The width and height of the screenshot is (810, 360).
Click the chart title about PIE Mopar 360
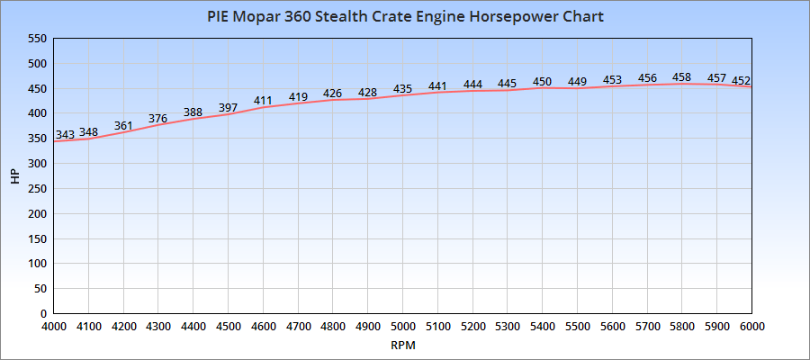tap(405, 16)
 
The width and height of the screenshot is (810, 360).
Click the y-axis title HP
tap(14, 176)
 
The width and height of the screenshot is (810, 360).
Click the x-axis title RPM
tap(403, 345)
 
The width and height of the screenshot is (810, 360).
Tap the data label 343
tap(65, 135)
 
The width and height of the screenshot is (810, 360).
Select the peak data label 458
tap(682, 77)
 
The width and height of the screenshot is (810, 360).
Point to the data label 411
tap(263, 101)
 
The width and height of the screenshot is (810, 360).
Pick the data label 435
tap(402, 89)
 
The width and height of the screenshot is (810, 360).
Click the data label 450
tap(542, 82)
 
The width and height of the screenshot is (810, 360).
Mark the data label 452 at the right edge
tap(741, 81)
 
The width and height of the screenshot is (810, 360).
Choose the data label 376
tap(157, 118)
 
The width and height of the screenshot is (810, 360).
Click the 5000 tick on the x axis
tap(402, 327)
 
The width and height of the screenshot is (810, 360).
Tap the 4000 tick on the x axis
tap(54, 327)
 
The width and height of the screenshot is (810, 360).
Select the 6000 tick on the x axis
tap(751, 327)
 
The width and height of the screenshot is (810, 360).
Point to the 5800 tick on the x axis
tap(681, 327)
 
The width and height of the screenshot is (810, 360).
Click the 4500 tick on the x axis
tap(229, 327)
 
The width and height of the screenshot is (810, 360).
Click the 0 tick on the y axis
tap(42, 313)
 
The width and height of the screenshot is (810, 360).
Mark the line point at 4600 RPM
tap(263, 108)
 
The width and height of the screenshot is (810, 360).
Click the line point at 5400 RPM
tap(542, 88)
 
